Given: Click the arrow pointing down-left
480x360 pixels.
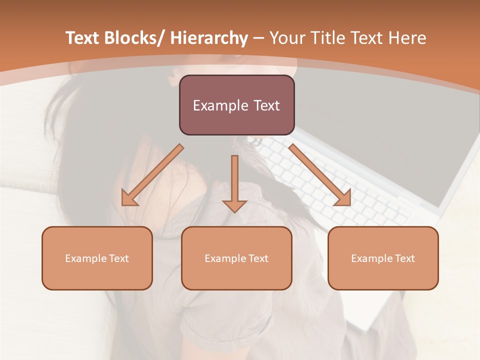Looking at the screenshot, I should click(152, 175).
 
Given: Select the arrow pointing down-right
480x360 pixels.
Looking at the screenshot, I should click(320, 175).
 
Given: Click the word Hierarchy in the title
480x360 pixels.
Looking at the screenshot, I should click(209, 38).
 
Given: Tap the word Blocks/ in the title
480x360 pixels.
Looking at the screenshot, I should click(132, 38).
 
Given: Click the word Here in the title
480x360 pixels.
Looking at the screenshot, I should click(408, 38).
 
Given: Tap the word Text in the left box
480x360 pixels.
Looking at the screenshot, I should click(119, 258).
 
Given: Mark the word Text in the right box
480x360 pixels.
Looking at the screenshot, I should click(404, 258).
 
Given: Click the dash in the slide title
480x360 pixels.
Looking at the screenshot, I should click(258, 38).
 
